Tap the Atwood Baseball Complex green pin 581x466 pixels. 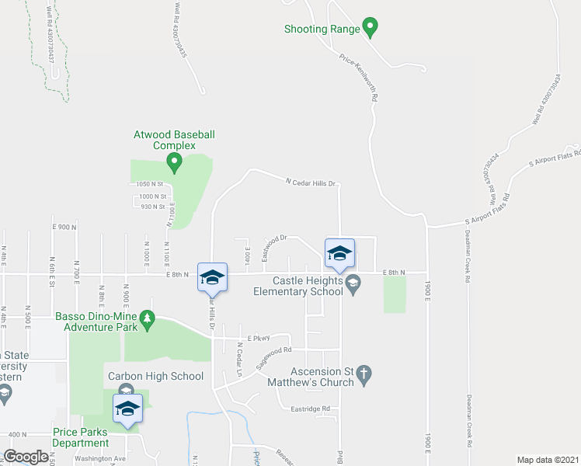coord(174,162)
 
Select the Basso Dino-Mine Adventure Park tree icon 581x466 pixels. coord(146,318)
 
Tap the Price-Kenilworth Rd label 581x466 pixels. coord(359,78)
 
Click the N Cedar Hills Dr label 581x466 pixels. coord(310,183)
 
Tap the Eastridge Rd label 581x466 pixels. coord(310,409)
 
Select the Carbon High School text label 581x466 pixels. coord(155,377)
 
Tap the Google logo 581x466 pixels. coord(26,457)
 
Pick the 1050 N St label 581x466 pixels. coord(150,184)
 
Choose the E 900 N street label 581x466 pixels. coord(65,227)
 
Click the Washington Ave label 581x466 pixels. coord(100,458)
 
